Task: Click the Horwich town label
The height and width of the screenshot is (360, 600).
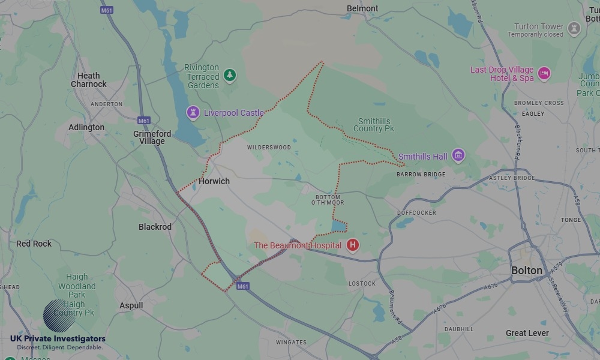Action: (214, 181)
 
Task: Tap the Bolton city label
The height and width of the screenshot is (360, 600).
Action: (527, 271)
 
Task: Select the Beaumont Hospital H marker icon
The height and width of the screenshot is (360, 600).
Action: (353, 245)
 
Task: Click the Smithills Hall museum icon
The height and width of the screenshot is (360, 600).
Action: (458, 156)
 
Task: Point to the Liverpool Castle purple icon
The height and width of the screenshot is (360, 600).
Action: (193, 112)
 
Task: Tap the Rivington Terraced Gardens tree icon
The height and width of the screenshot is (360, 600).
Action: (229, 76)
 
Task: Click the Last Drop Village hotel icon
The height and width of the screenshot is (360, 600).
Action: (544, 74)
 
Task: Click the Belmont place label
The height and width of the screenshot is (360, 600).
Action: (362, 8)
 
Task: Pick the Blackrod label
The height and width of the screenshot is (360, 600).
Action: (155, 227)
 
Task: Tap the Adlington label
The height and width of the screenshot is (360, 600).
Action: (86, 127)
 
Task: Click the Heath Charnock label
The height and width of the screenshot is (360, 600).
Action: (89, 80)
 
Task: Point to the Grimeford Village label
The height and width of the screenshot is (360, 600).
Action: (152, 137)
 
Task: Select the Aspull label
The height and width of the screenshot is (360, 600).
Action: (131, 305)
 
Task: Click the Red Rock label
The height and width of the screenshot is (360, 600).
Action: (34, 244)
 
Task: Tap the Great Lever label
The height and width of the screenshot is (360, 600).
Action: (527, 333)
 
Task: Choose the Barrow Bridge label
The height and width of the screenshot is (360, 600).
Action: (421, 175)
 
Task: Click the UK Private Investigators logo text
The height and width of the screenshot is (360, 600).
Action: (58, 339)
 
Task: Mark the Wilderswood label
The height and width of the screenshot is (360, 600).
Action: (269, 148)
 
